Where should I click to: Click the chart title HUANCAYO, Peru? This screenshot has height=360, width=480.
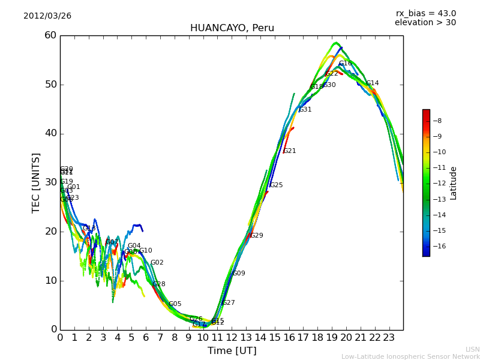[232, 28]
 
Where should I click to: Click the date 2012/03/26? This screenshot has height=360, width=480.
[47, 16]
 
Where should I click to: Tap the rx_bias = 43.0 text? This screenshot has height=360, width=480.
[425, 14]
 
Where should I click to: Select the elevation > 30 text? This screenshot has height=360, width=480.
[425, 23]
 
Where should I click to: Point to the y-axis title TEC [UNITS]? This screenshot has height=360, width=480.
[36, 182]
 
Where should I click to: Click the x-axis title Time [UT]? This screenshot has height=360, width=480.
[232, 351]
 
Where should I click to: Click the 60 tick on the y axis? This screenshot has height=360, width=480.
[50, 35]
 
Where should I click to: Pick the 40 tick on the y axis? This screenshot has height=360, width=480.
[50, 133]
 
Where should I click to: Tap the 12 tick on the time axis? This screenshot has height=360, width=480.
[232, 338]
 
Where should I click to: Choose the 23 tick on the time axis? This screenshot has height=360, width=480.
[389, 338]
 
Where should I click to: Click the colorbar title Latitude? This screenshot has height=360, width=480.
[454, 183]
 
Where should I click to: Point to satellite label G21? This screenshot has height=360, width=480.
[290, 151]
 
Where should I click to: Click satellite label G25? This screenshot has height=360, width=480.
[277, 185]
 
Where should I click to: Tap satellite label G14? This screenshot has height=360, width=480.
[373, 83]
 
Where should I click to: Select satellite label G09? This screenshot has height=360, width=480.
[239, 274]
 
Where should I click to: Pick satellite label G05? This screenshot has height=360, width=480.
[175, 304]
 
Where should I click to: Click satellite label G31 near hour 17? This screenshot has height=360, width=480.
[305, 110]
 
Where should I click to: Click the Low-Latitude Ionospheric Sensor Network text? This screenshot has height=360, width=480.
[410, 356]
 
